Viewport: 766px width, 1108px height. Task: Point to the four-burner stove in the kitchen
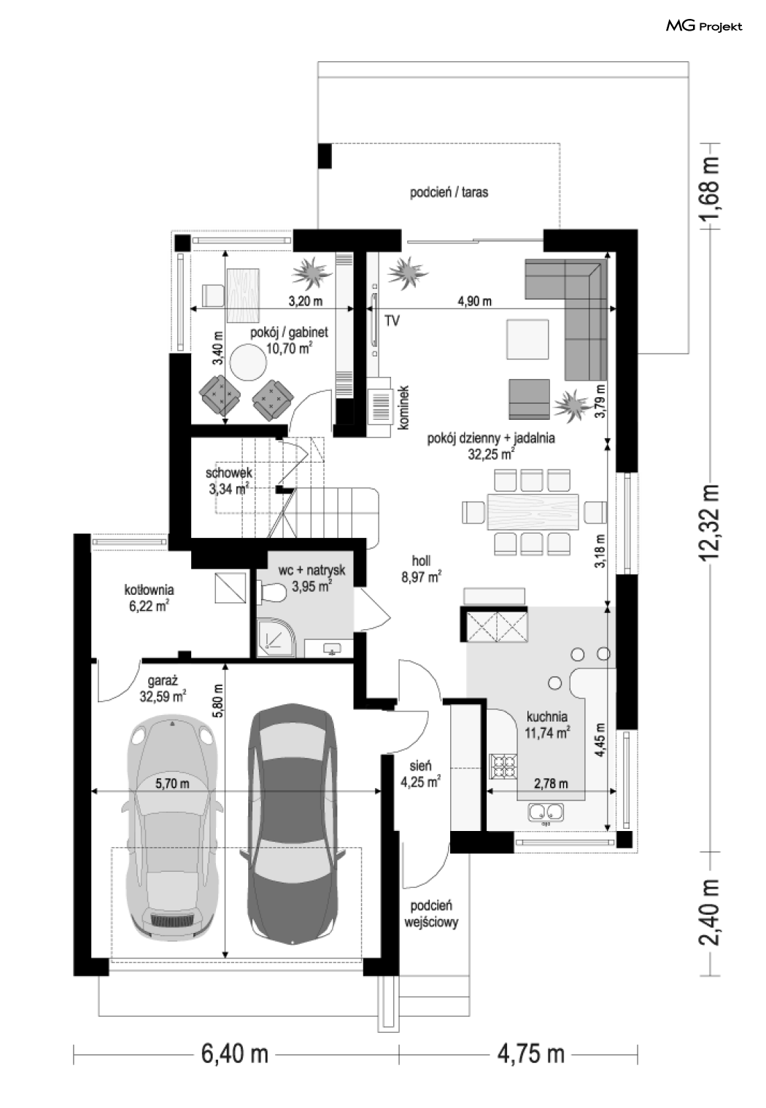503,766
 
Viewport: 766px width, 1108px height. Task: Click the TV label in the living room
392,321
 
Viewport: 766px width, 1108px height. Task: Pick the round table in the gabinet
248,362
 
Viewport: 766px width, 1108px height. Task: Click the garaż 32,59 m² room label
163,689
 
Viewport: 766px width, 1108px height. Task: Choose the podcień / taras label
449,192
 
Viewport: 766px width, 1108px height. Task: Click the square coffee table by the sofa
527,340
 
